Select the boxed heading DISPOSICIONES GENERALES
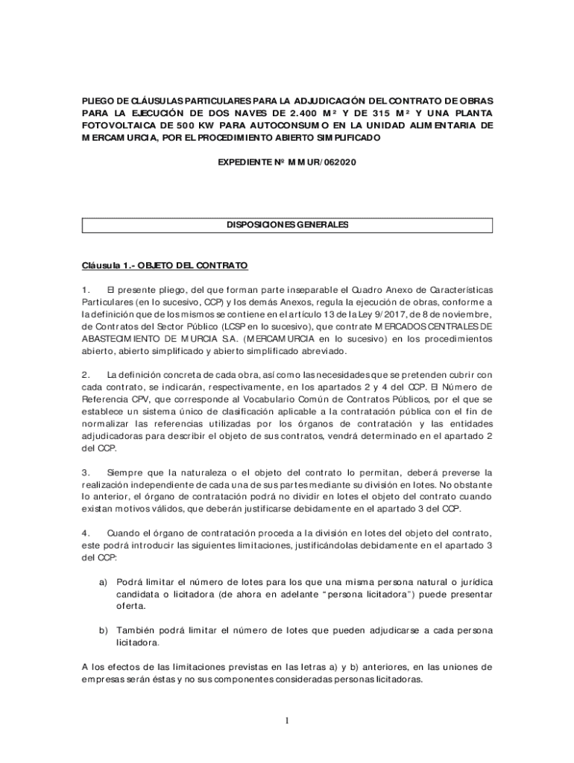pos(287,225)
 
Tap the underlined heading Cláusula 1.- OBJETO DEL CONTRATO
pos(164,265)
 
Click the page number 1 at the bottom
pos(286,720)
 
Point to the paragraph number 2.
pos(86,374)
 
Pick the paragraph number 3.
pos(86,472)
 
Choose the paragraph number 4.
pos(86,534)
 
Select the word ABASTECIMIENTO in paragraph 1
pos(123,339)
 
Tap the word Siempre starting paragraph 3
pos(124,472)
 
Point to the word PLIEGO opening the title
pos(97,100)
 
